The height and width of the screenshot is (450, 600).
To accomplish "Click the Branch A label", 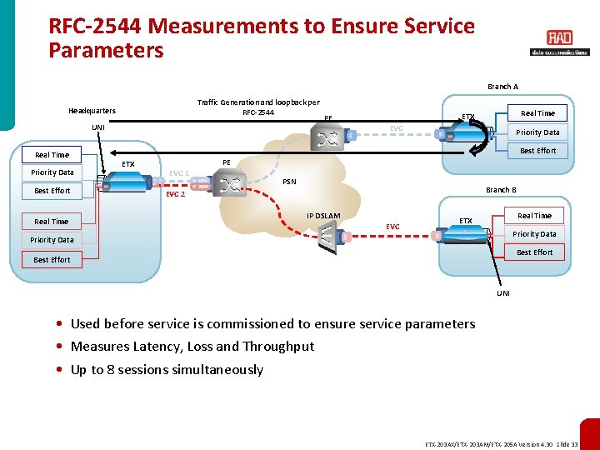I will [x=502, y=87].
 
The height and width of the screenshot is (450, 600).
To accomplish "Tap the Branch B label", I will [x=501, y=190].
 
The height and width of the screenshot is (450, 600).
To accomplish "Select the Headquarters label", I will [x=92, y=111].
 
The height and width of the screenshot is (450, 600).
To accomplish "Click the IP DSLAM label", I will [x=323, y=216].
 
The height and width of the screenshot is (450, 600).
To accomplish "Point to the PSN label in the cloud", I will [x=289, y=181].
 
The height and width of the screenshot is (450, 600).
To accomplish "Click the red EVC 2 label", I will [x=175, y=194].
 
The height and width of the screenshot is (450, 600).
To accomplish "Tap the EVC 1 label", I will [x=179, y=173].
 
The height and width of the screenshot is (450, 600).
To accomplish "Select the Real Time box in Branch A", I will [x=537, y=113].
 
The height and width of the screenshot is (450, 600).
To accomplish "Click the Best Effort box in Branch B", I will [x=534, y=252].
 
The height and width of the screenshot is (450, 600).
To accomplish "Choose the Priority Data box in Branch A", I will [x=537, y=132].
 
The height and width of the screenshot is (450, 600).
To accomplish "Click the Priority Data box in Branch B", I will [x=534, y=234].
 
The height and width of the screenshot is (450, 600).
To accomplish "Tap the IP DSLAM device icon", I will [x=331, y=239].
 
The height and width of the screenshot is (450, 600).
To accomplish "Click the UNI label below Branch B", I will [x=504, y=293].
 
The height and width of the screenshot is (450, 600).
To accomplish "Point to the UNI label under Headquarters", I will [x=98, y=127].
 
